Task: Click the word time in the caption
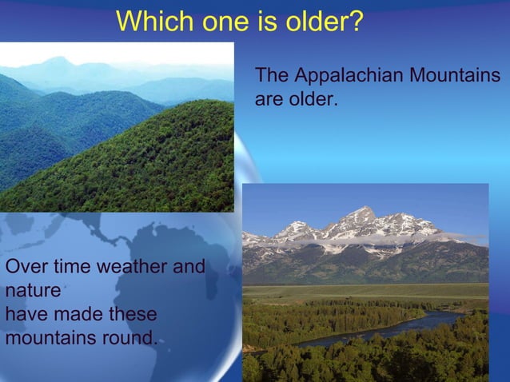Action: pos(70,267)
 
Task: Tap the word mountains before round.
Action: pos(46,337)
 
